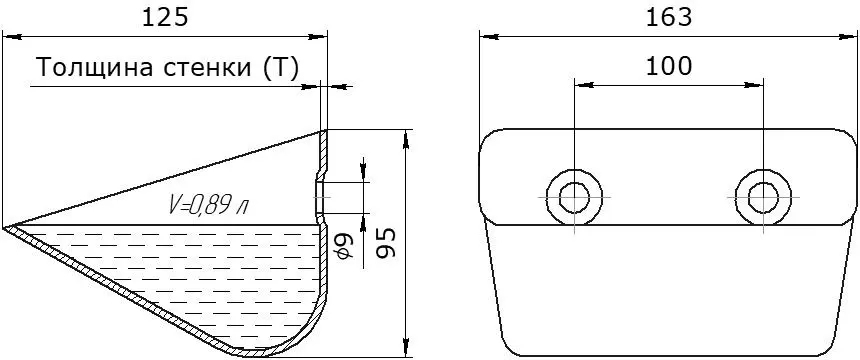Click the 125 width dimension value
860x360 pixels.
(165, 18)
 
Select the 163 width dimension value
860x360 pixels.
(669, 18)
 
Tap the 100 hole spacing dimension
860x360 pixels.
(669, 67)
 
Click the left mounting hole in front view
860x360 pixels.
(574, 196)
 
